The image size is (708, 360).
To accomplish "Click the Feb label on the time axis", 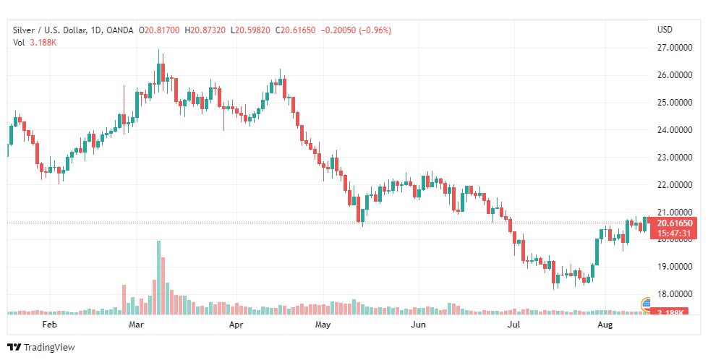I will (x=49, y=325).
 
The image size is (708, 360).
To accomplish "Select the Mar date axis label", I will (x=137, y=325).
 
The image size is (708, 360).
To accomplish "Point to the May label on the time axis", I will (x=323, y=325).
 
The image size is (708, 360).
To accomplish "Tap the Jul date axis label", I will (x=514, y=325).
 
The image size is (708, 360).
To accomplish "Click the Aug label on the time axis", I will (x=606, y=325).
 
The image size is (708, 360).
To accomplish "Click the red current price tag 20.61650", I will (x=675, y=223).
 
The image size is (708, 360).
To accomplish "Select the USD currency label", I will (x=665, y=30).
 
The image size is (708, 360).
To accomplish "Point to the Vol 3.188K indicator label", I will (x=35, y=43).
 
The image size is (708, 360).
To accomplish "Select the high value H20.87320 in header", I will (x=205, y=30).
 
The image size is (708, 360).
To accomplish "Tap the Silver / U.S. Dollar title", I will (x=48, y=30).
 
